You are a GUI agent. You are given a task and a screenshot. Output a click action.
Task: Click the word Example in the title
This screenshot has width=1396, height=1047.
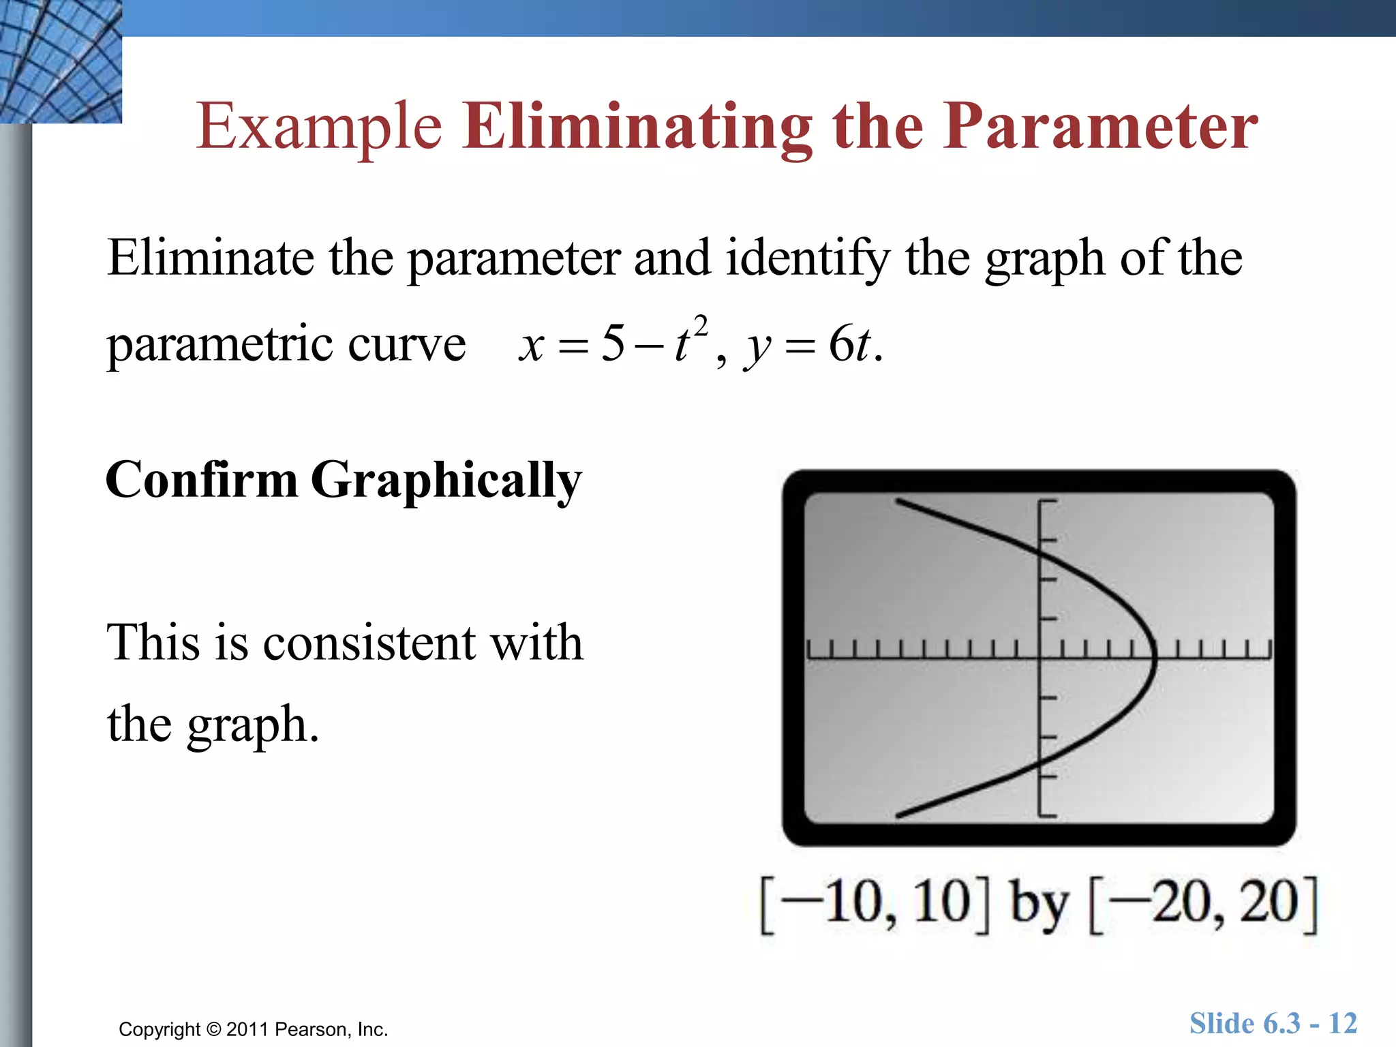[x=319, y=127]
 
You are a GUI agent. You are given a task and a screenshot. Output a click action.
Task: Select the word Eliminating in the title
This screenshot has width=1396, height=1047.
[x=637, y=127]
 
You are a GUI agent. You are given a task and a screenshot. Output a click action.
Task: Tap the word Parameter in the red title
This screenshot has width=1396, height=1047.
[x=1100, y=127]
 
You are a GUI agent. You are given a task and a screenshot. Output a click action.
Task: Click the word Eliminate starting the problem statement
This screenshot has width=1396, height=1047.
[x=210, y=258]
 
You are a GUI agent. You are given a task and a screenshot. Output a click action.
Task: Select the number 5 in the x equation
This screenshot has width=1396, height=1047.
[x=612, y=344]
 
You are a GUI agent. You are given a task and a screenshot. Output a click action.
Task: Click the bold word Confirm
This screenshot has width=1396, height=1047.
[x=202, y=480]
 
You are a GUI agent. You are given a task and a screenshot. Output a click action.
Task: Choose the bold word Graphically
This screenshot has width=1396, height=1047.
[x=446, y=481]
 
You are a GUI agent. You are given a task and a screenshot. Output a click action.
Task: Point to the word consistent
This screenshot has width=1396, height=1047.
[x=369, y=643]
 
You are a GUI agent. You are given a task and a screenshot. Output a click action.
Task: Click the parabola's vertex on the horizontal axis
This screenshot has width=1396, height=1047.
[x=1154, y=658]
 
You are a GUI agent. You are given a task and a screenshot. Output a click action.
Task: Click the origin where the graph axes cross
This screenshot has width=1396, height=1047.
[x=1039, y=658]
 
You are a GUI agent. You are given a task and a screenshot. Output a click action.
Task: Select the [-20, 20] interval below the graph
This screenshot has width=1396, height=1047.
[x=1204, y=904]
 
